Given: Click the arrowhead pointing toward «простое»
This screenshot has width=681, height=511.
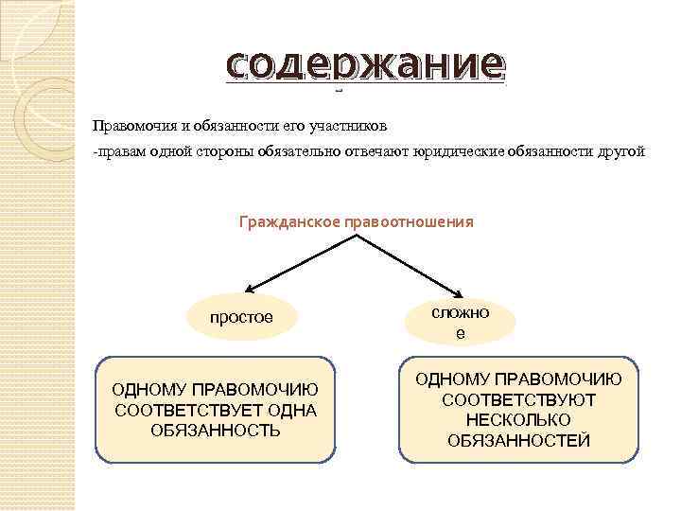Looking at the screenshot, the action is coord(249,289).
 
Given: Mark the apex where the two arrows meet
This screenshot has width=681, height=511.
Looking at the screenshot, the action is coord(356,236).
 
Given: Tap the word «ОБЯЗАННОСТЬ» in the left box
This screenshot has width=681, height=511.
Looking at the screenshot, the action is coord(216,431).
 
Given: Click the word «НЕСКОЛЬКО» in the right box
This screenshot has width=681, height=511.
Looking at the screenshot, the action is coord(518,420).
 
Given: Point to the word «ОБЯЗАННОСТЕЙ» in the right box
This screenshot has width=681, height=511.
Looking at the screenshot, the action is coord(518,441).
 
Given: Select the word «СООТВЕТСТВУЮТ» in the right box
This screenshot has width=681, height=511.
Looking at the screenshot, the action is coord(518,399).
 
